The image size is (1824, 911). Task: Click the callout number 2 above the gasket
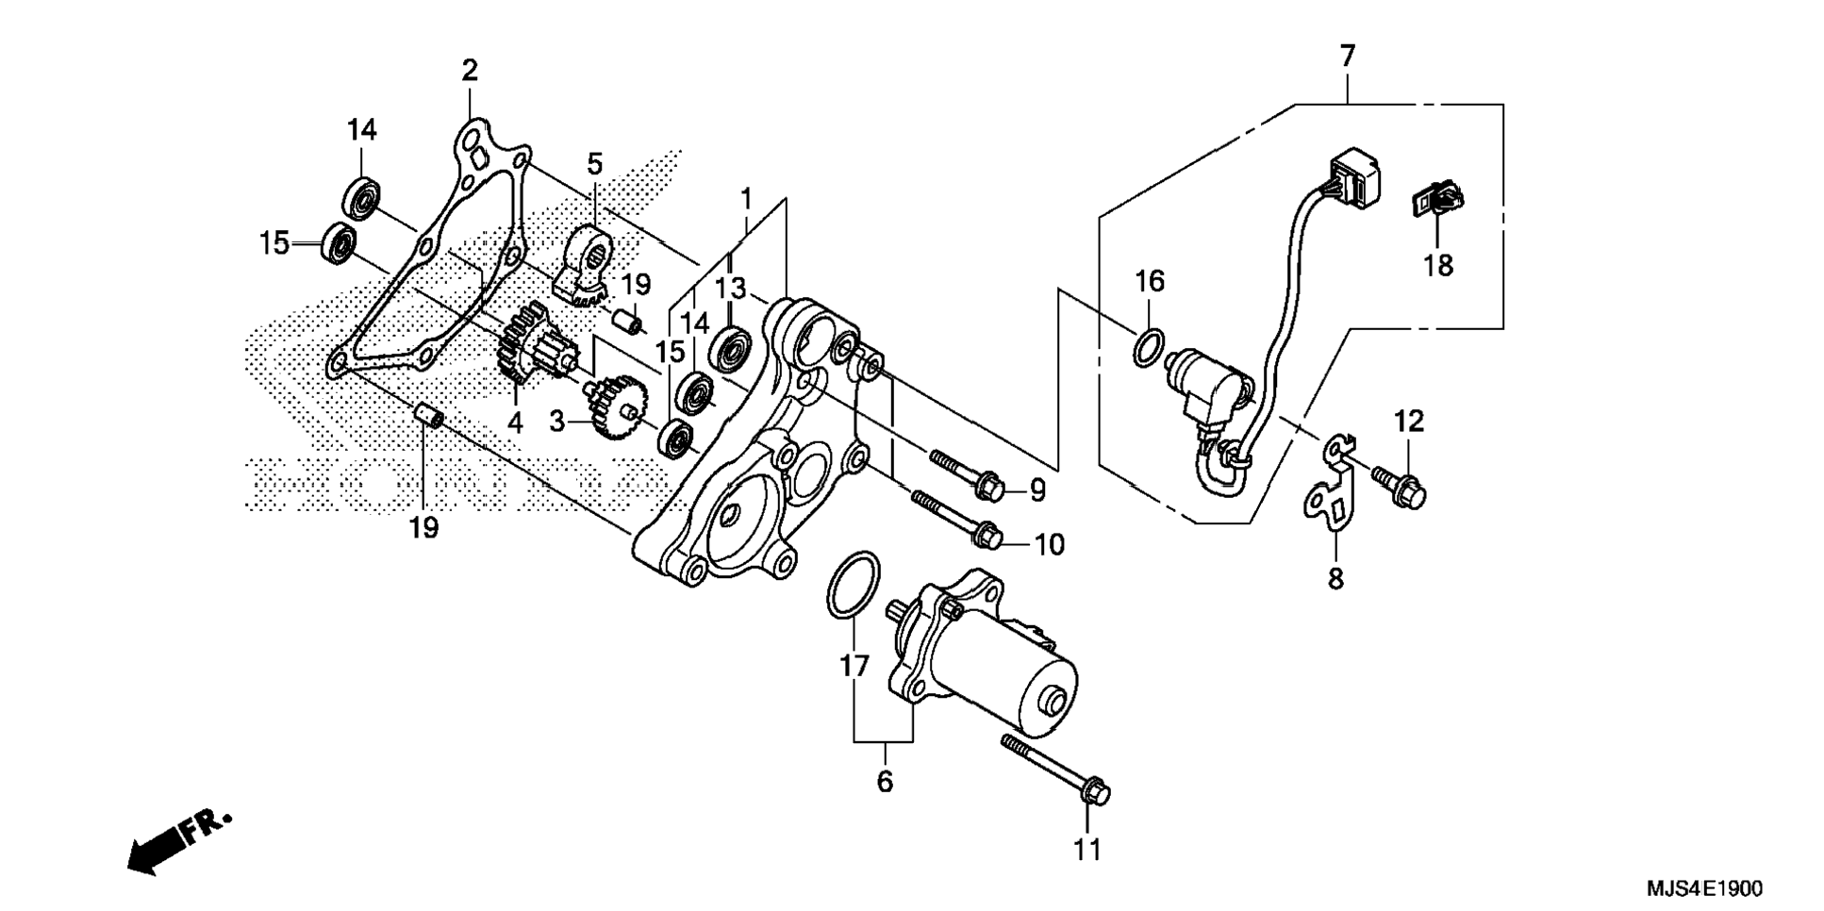click(x=469, y=71)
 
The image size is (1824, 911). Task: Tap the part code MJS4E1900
click(x=1704, y=888)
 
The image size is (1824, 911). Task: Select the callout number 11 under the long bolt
click(x=1086, y=850)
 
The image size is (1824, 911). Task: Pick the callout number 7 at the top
click(x=1347, y=57)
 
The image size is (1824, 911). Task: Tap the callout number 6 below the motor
click(x=884, y=782)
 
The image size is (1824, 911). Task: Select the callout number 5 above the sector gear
click(x=594, y=164)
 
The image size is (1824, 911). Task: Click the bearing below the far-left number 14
click(x=361, y=198)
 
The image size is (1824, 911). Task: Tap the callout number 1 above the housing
click(x=746, y=200)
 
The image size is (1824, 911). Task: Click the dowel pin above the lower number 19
click(x=430, y=415)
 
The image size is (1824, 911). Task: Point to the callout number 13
click(x=730, y=288)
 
